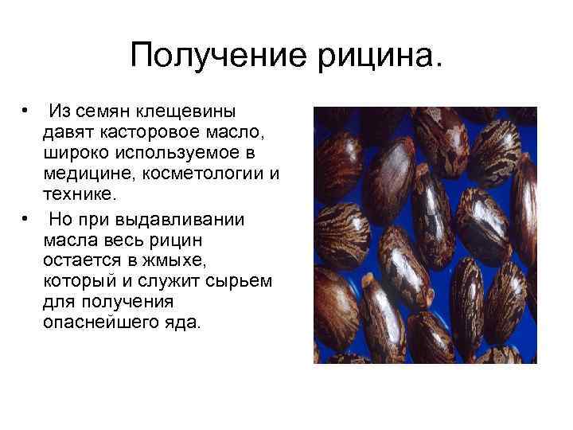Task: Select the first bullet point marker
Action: point(27,109)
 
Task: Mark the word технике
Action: point(80,196)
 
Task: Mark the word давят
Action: point(68,131)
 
